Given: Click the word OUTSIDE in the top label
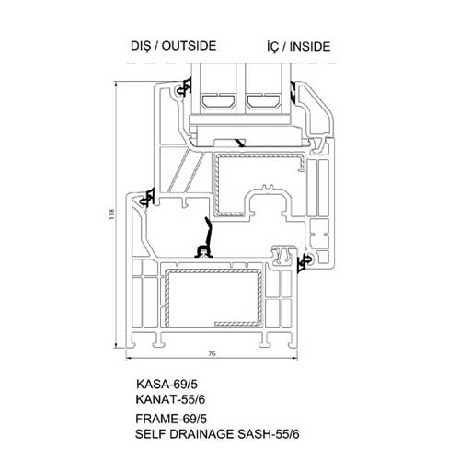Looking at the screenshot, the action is pyautogui.click(x=189, y=46).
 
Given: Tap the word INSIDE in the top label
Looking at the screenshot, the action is pyautogui.click(x=310, y=47).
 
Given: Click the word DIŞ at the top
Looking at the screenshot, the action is pyautogui.click(x=141, y=47).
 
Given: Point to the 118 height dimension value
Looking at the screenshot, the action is pyautogui.click(x=111, y=213).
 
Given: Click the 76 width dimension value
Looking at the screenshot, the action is pyautogui.click(x=212, y=353).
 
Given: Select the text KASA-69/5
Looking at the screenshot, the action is pyautogui.click(x=167, y=384).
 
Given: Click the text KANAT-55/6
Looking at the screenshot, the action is pyautogui.click(x=170, y=399).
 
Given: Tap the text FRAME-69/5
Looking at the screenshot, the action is pyautogui.click(x=171, y=419).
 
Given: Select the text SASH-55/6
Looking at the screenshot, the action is pyautogui.click(x=269, y=434).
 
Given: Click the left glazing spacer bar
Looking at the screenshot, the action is pyautogui.click(x=218, y=101).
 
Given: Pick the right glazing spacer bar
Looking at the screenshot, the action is pyautogui.click(x=264, y=101).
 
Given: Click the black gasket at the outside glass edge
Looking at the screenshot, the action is pyautogui.click(x=185, y=87).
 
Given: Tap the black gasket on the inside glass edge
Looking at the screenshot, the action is pyautogui.click(x=293, y=92).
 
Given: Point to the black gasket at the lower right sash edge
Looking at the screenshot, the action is pyautogui.click(x=305, y=263).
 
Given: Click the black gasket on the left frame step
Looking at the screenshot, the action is pyautogui.click(x=146, y=198).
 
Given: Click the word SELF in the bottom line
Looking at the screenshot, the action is pyautogui.click(x=148, y=434).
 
